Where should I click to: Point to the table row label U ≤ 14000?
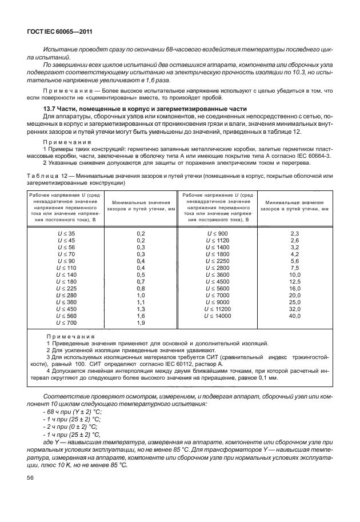(x=219, y=316)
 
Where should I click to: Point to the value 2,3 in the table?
(x=295, y=234)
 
